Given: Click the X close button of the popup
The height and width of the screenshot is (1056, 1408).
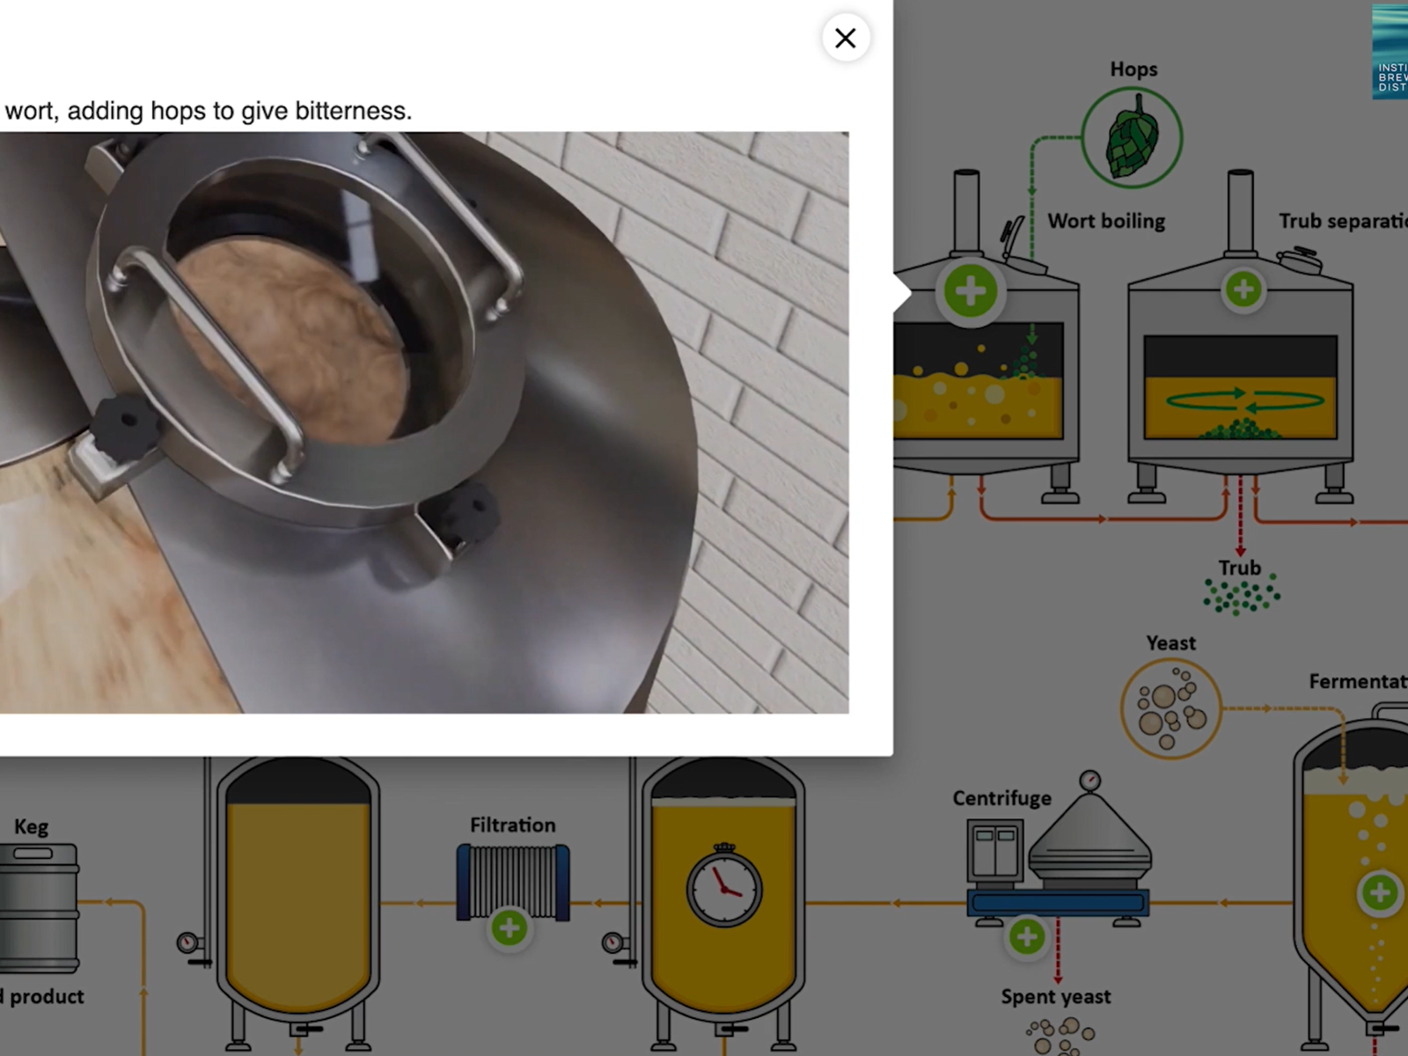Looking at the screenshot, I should tap(845, 38).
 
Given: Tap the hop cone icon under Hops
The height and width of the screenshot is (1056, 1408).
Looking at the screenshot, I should tap(1131, 138).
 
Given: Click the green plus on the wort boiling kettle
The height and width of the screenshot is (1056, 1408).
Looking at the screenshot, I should tap(970, 290).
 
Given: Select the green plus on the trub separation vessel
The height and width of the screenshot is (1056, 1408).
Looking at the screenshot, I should tap(1243, 290).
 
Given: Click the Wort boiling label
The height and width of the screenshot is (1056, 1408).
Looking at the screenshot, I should tap(1105, 221).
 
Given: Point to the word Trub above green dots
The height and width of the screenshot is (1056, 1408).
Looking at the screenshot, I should tap(1239, 568).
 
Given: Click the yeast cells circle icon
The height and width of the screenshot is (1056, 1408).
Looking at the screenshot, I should tap(1170, 708).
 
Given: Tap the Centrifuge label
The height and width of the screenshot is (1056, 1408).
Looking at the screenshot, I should tap(1001, 798).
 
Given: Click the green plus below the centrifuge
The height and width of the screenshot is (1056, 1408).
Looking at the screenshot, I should tap(1026, 937).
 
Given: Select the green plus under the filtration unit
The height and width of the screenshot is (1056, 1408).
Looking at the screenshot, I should tap(509, 928).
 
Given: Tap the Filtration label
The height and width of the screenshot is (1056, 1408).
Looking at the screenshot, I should tap(512, 825).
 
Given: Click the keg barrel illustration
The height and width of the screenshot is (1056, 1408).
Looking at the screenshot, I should tap(40, 906).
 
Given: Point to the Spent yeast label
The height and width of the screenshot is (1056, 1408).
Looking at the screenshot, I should tap(1055, 996).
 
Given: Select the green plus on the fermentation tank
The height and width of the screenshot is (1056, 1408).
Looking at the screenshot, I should tap(1379, 892).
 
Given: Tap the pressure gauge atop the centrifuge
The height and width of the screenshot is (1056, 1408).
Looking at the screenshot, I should tap(1089, 780).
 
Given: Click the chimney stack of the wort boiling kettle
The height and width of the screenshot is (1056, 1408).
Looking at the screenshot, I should tap(966, 211).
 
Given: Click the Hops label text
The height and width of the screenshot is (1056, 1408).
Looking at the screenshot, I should tap(1133, 69).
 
